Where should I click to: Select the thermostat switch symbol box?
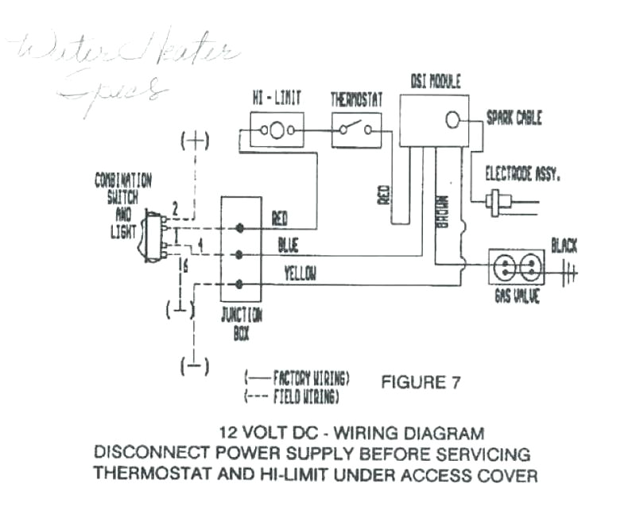point(355,130)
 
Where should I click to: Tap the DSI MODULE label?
point(435,82)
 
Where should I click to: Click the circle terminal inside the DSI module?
point(452,120)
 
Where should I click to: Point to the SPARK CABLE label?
point(514,118)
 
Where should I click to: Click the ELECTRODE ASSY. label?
point(522,174)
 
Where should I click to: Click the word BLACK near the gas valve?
point(564,246)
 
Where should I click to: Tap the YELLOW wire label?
point(300,274)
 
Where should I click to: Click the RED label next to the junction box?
point(280,217)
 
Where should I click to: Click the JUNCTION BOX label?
point(242,323)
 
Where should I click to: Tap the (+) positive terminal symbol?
point(195,142)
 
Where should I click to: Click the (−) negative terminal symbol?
point(195,366)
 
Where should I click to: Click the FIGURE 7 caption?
point(421,382)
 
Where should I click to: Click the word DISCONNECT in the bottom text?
point(140,454)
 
